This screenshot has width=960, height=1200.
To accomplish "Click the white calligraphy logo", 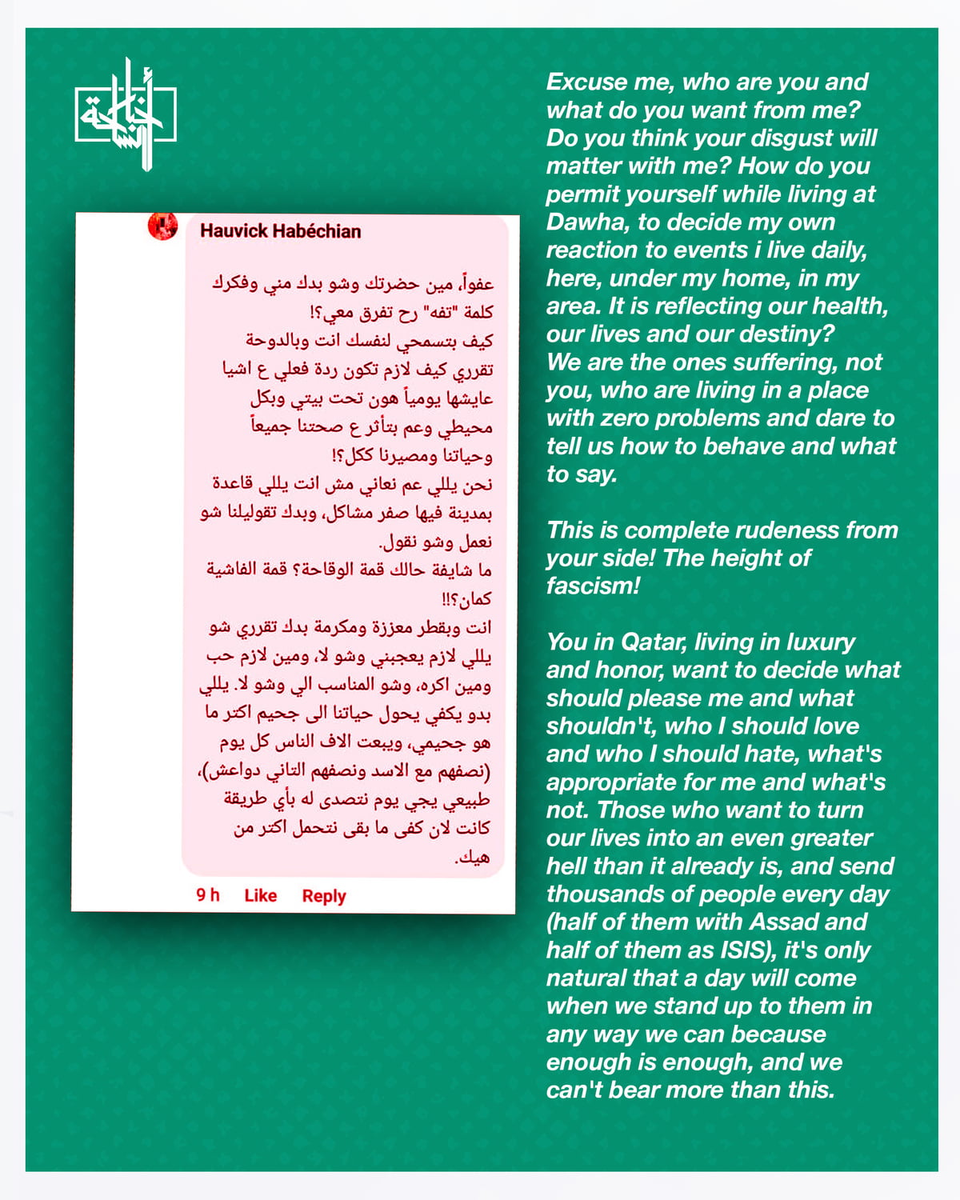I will coord(126,114).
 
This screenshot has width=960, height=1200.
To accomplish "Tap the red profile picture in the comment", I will coord(163,226).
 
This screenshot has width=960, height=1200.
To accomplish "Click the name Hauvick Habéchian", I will coord(280,231).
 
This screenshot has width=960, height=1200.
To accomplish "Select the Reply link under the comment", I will coord(323,896).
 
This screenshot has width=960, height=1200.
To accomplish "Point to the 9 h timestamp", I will coord(208,894).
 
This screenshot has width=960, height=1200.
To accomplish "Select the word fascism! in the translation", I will coord(593,586).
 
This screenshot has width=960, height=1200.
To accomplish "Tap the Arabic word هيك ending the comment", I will coord(473,858).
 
